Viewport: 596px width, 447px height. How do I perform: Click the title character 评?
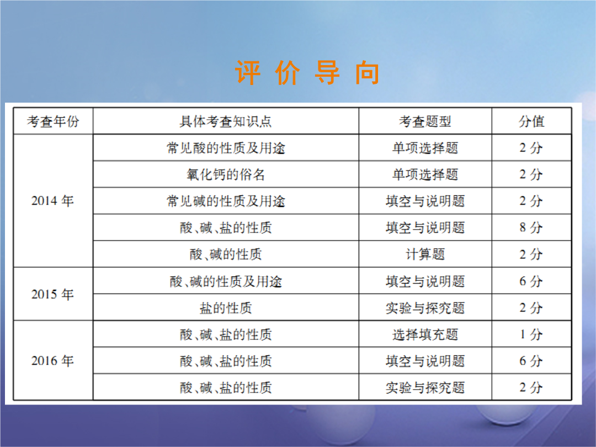tap(248, 72)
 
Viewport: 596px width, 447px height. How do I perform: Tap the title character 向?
tap(367, 72)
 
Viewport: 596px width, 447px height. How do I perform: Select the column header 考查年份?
tap(53, 121)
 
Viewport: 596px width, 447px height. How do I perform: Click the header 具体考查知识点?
tap(226, 121)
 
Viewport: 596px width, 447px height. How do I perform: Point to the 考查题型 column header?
tap(425, 121)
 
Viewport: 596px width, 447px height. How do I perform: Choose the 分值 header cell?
tap(531, 121)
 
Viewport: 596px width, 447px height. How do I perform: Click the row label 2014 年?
tap(52, 201)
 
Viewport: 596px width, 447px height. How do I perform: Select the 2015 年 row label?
tap(52, 294)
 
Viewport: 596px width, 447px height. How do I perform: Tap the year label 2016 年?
tap(52, 361)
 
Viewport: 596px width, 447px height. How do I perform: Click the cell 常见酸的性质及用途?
tap(226, 148)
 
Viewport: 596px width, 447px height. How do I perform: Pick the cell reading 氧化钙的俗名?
tap(226, 174)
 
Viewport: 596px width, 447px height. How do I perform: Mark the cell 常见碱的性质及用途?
tap(226, 201)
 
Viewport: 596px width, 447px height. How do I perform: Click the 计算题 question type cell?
tap(425, 254)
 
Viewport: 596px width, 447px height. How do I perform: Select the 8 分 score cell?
tap(531, 228)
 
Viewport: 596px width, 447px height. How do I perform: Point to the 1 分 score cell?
tap(531, 334)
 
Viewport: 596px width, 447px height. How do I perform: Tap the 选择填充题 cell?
tap(425, 334)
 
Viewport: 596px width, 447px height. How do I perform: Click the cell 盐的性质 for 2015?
tap(226, 308)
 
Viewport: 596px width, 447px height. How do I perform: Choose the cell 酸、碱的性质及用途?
tap(226, 281)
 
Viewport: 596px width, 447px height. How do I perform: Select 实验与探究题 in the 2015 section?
tap(425, 308)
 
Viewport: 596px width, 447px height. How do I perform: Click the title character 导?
tap(327, 72)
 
